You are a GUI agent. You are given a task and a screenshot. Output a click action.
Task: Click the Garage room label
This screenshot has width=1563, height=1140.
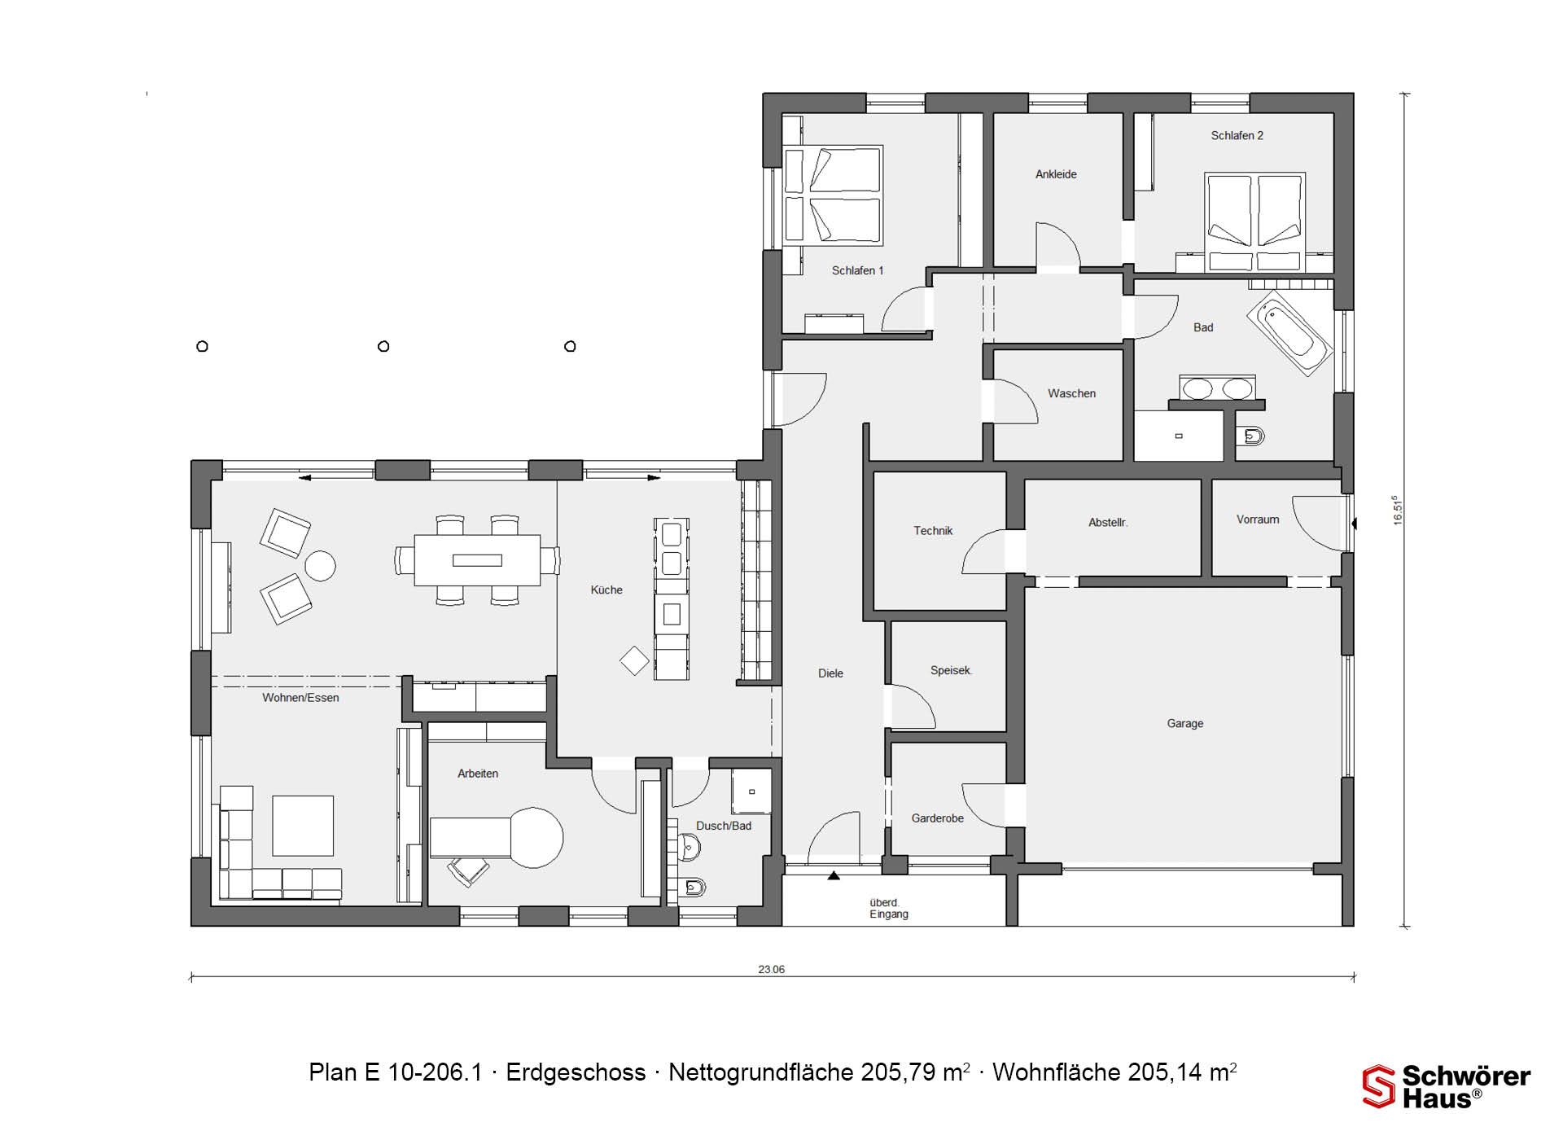[1184, 723]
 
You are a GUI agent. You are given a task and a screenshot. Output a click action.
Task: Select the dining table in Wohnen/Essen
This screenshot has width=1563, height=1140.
[477, 559]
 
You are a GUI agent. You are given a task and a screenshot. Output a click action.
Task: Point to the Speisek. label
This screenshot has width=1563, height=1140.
[952, 670]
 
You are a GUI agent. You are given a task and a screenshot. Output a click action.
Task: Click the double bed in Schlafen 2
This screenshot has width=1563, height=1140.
[1254, 221]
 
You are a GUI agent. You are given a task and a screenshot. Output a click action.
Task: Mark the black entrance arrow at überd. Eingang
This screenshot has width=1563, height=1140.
[834, 876]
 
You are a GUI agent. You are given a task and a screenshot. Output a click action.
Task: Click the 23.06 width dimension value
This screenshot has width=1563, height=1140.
[771, 969]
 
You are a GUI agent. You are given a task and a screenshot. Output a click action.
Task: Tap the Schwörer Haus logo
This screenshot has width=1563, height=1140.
[1447, 1086]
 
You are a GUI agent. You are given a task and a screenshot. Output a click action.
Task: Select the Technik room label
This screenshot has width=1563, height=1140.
[933, 531]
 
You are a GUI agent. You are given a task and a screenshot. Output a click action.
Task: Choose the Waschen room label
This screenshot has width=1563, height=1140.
[1071, 393]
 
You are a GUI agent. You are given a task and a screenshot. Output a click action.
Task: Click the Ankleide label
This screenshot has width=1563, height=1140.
[1056, 174]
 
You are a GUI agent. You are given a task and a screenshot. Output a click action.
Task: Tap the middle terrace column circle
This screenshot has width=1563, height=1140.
[383, 346]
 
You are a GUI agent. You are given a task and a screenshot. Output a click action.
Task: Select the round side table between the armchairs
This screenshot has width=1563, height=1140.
[320, 566]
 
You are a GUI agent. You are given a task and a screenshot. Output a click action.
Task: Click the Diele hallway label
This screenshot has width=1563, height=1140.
[830, 673]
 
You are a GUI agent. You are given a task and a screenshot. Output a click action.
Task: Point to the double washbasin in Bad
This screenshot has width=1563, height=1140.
[1217, 388]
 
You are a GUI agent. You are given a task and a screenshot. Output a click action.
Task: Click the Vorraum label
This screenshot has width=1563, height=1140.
[1258, 520]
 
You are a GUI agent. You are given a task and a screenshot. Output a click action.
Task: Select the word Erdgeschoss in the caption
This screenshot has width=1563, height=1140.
[576, 1073]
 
